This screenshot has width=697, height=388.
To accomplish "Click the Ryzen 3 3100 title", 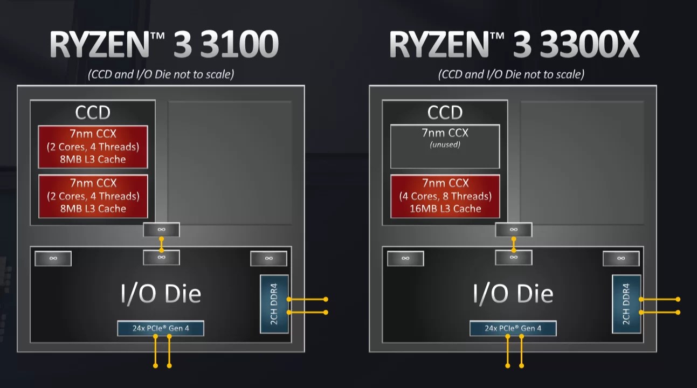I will tap(163, 44).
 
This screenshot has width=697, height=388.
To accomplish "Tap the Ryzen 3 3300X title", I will tap(513, 44).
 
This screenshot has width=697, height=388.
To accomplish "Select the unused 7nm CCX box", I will tap(445, 147).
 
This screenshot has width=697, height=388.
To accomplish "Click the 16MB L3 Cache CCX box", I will tap(445, 196).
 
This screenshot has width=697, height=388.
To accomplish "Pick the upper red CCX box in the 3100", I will tap(93, 147).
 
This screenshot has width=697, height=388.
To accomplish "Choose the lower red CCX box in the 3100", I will tap(93, 196).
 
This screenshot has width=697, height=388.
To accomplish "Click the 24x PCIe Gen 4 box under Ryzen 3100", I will tap(161, 328).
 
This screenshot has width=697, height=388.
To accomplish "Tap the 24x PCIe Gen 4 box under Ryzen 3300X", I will tap(513, 328).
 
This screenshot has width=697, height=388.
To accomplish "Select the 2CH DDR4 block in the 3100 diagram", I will tap(274, 304).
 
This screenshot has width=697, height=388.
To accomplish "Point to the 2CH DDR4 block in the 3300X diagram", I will tap(626, 304).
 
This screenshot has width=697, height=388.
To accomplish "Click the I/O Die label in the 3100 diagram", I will tap(161, 294).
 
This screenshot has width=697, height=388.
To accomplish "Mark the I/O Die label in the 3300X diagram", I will tap(513, 294).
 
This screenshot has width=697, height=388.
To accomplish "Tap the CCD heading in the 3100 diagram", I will tap(93, 113).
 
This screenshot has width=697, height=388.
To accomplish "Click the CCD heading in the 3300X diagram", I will tap(445, 113).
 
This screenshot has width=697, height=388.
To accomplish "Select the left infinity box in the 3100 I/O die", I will tap(53, 258).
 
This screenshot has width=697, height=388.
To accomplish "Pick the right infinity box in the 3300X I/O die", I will tap(620, 258).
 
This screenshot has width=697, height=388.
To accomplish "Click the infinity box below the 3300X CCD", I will tap(513, 230).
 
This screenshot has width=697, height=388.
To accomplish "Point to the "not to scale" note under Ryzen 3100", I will tap(161, 74).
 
